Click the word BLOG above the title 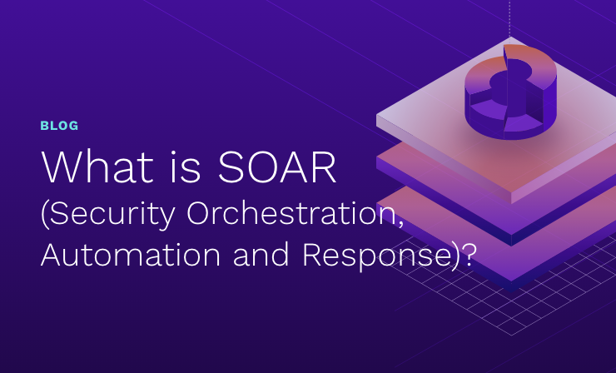pyautogui.click(x=59, y=126)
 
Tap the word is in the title pyautogui.click(x=186, y=167)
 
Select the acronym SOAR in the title pyautogui.click(x=276, y=167)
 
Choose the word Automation pyautogui.click(x=131, y=255)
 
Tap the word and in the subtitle pyautogui.click(x=261, y=255)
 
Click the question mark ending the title pyautogui.click(x=469, y=255)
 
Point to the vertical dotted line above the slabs pyautogui.click(x=510, y=18)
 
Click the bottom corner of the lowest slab pyautogui.click(x=511, y=292)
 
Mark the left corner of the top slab pyautogui.click(x=376, y=115)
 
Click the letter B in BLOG pyautogui.click(x=44, y=126)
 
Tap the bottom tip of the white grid pyautogui.click(x=512, y=336)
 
